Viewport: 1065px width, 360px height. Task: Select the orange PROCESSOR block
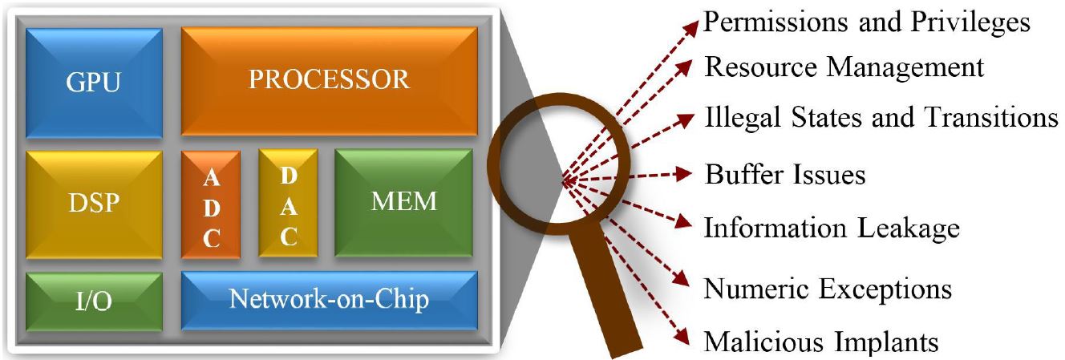(x=329, y=80)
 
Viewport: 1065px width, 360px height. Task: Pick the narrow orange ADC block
(x=211, y=204)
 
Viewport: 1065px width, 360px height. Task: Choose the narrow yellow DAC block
(x=289, y=204)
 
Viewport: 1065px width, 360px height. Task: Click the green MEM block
(x=403, y=202)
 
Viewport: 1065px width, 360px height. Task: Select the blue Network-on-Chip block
(x=329, y=301)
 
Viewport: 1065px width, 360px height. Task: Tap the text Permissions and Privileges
(x=866, y=22)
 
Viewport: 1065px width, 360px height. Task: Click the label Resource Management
(x=844, y=67)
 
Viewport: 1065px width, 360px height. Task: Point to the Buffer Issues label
(x=785, y=174)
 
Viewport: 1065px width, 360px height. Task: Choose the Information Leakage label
(x=832, y=229)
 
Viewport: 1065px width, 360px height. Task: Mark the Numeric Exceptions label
(x=828, y=287)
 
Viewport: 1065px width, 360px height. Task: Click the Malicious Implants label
(x=820, y=342)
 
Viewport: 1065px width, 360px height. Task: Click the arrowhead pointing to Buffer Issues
(x=684, y=173)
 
